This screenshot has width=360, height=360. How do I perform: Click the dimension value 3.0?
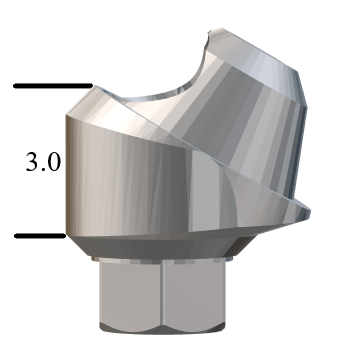43,162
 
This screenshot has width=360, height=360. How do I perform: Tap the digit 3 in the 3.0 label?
33,162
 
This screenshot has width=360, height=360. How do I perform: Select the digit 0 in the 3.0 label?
53,162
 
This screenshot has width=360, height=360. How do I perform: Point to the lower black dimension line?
40,236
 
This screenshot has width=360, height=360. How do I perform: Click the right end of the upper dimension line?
91,86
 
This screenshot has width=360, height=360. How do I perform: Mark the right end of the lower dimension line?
64,236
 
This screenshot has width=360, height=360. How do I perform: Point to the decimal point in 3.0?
44,170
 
